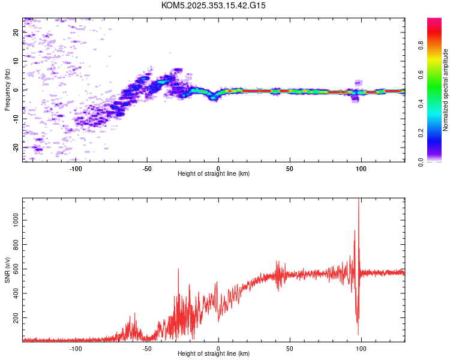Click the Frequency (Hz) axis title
point(7,90)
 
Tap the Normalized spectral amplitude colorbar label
point(446,90)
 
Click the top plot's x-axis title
point(214,174)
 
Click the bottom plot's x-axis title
point(214,354)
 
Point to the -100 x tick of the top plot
point(76,169)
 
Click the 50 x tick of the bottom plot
point(290,349)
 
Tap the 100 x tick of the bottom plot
point(361,349)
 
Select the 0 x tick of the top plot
point(218,169)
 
